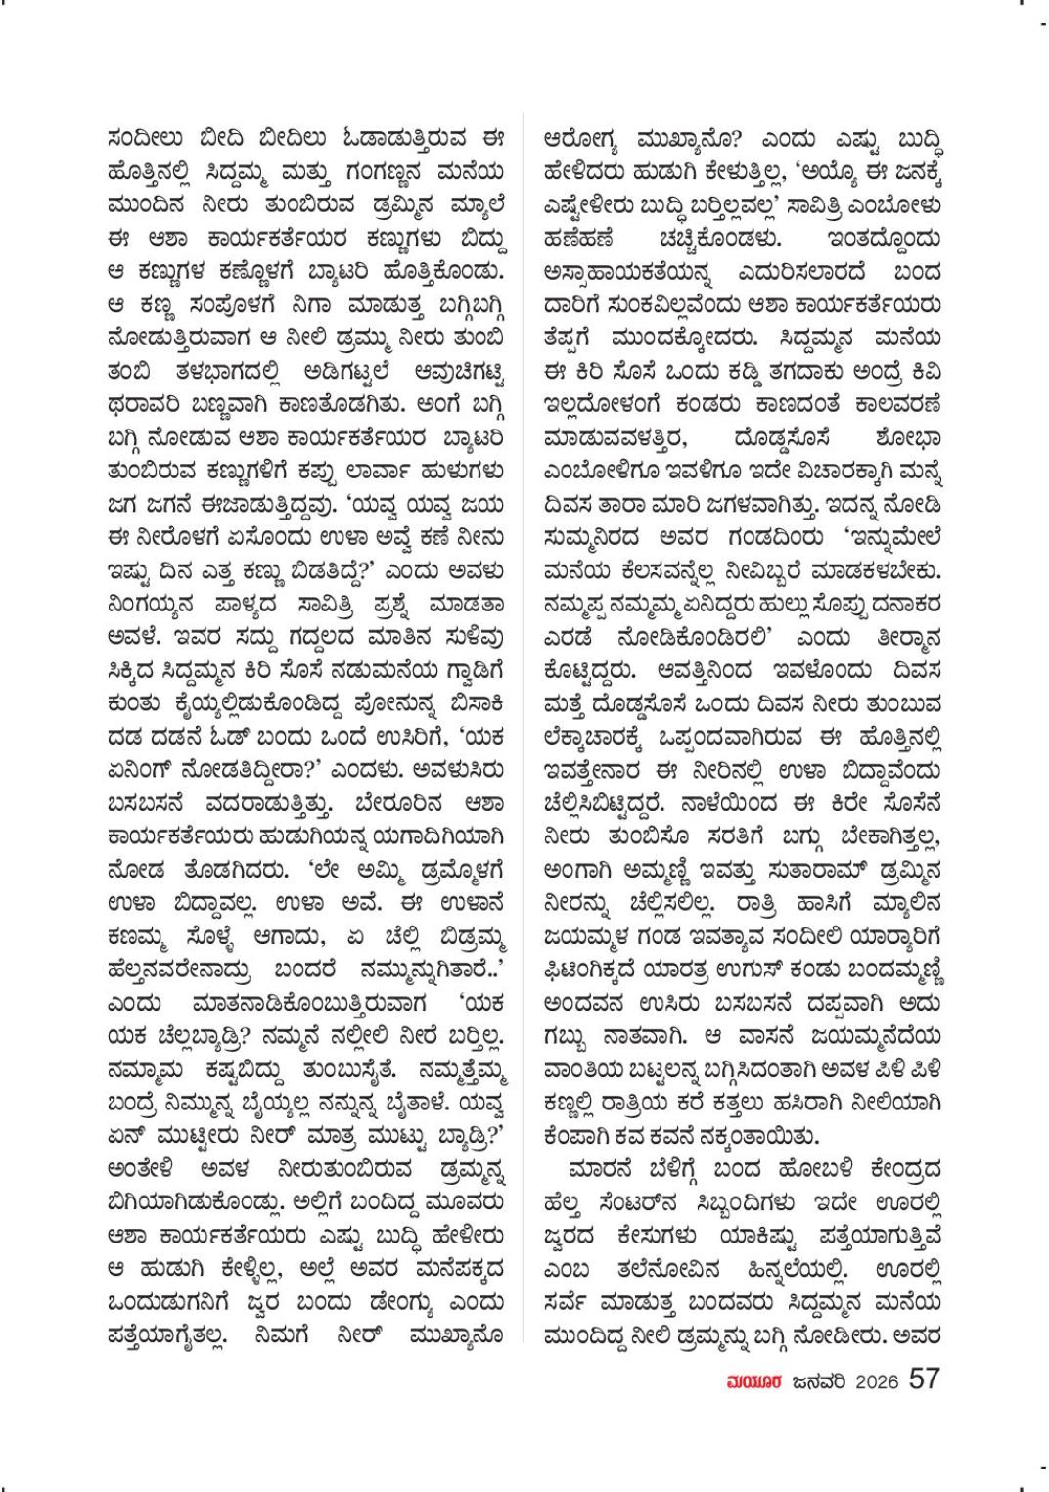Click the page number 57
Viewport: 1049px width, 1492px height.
click(925, 1379)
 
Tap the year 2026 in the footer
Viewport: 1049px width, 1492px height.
click(877, 1381)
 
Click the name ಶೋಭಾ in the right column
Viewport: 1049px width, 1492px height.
click(902, 458)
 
